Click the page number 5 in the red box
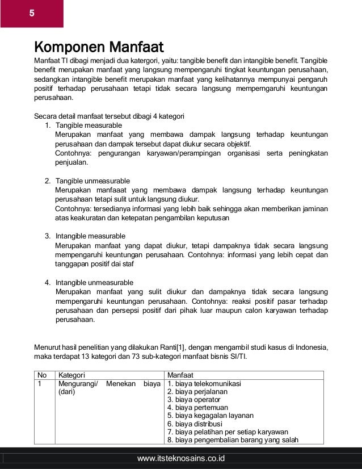click(x=32, y=13)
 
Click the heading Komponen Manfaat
click(x=99, y=45)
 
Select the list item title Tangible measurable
click(x=89, y=125)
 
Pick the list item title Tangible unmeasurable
click(x=92, y=181)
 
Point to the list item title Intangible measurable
click(x=90, y=236)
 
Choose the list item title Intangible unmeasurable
click(x=94, y=283)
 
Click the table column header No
click(x=42, y=375)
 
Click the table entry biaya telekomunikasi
click(x=208, y=384)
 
